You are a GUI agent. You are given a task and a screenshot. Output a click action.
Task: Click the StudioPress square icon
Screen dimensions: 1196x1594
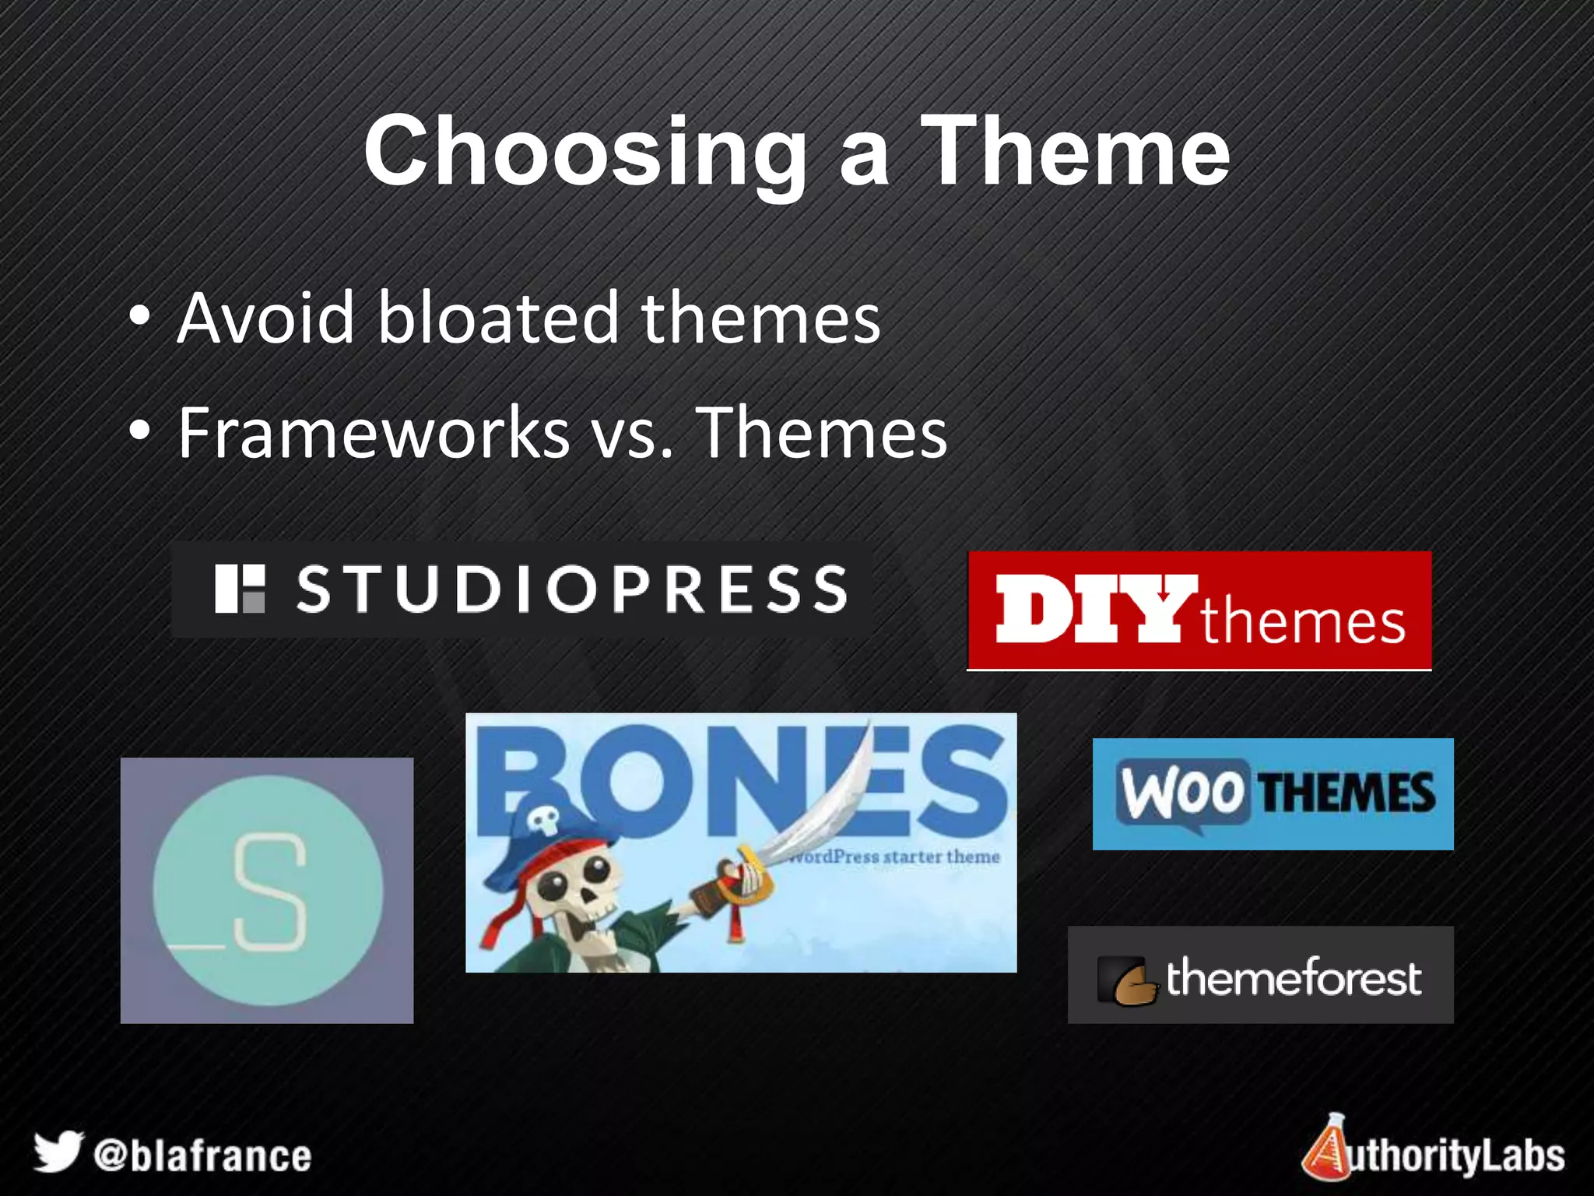click(240, 589)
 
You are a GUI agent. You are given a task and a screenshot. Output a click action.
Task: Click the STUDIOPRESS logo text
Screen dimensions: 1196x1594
click(572, 589)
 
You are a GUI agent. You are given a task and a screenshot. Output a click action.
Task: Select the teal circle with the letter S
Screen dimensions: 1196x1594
click(268, 891)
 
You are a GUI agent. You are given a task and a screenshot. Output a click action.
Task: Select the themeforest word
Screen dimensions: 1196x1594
click(1293, 978)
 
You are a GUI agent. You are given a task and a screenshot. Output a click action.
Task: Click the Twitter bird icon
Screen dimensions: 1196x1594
click(58, 1151)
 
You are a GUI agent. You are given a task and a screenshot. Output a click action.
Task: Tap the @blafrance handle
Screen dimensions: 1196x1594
click(202, 1156)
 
